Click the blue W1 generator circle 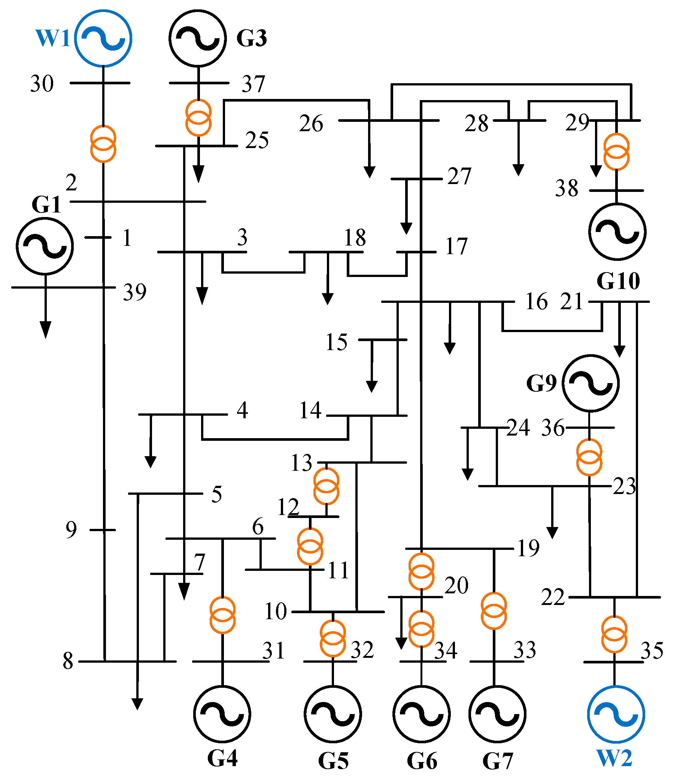pyautogui.click(x=103, y=38)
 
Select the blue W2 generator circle pyautogui.click(x=616, y=714)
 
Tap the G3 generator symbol pyautogui.click(x=198, y=38)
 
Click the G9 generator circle pyautogui.click(x=590, y=383)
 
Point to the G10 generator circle pyautogui.click(x=617, y=232)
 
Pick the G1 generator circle pyautogui.click(x=45, y=246)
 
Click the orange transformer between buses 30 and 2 pyautogui.click(x=103, y=144)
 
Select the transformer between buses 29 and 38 pyautogui.click(x=616, y=151)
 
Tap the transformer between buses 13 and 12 pyautogui.click(x=326, y=486)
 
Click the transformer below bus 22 pyautogui.click(x=614, y=634)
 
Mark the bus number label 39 pyautogui.click(x=134, y=292)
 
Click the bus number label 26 pyautogui.click(x=311, y=123)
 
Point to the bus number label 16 pyautogui.click(x=536, y=301)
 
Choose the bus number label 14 pyautogui.click(x=310, y=410)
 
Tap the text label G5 pyautogui.click(x=333, y=761)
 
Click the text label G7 pyautogui.click(x=498, y=761)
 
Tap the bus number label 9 pyautogui.click(x=71, y=530)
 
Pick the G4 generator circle pyautogui.click(x=222, y=714)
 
